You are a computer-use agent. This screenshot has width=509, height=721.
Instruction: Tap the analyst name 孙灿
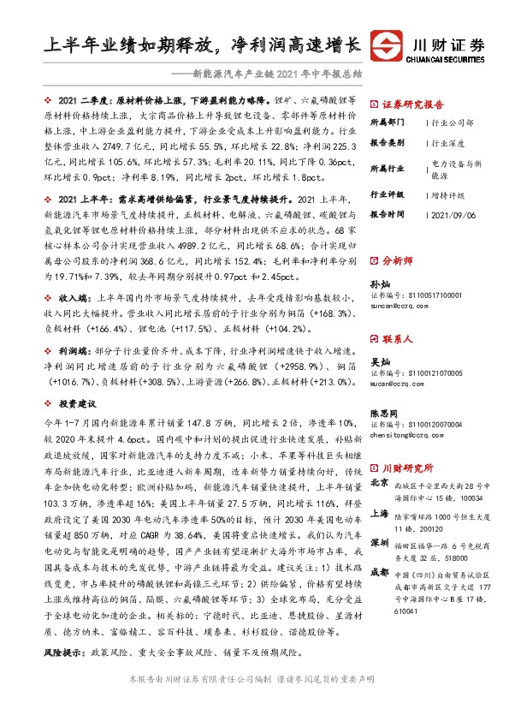tap(379, 282)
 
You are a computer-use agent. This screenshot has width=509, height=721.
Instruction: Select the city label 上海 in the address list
tap(379, 515)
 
